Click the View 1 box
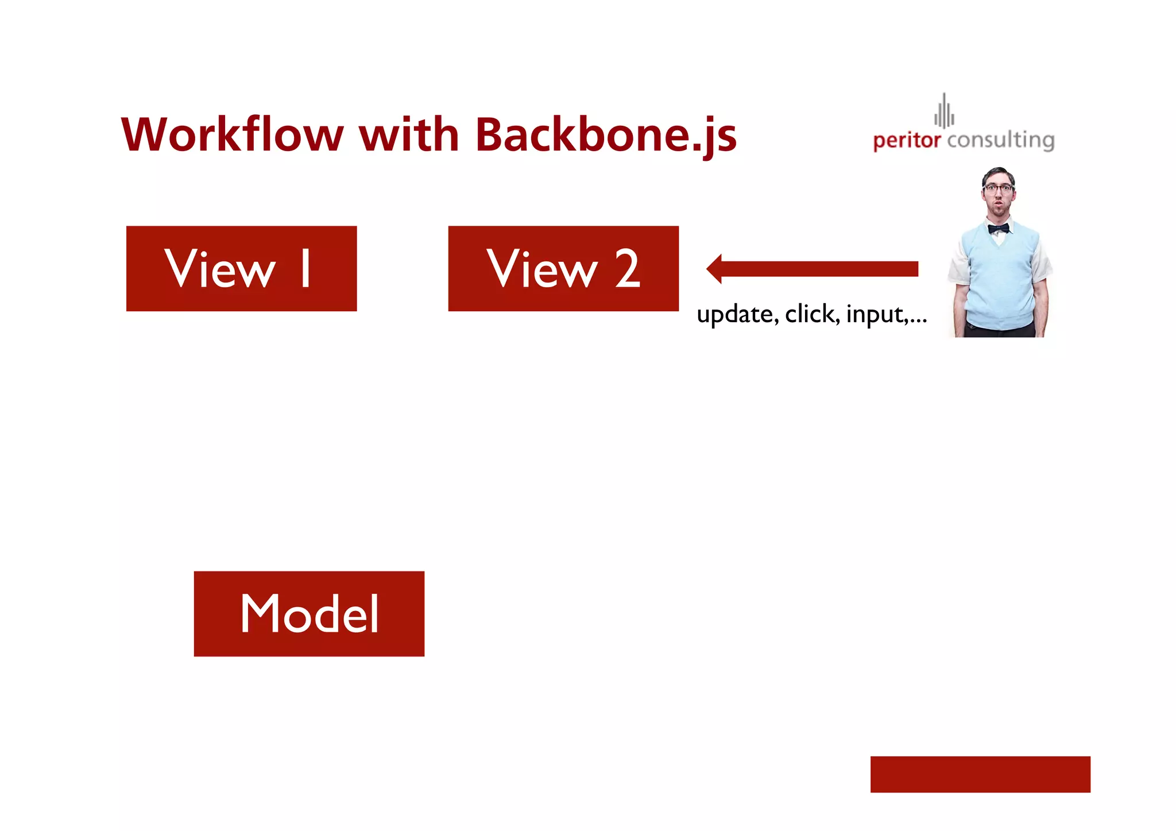pyautogui.click(x=241, y=268)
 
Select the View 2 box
pyautogui.click(x=563, y=268)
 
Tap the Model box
pyautogui.click(x=309, y=613)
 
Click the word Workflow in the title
pyautogui.click(x=232, y=135)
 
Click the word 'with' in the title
pyautogui.click(x=409, y=135)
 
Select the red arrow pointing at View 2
pyautogui.click(x=815, y=269)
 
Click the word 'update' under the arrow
pyautogui.click(x=737, y=315)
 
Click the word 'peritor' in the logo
pyautogui.click(x=907, y=140)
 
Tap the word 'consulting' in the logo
pyautogui.click(x=1001, y=140)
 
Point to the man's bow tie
pyautogui.click(x=999, y=229)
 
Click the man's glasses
pyautogui.click(x=999, y=188)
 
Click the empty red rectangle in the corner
pyautogui.click(x=980, y=774)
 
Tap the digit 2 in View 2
pyautogui.click(x=627, y=268)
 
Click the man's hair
pyautogui.click(x=999, y=173)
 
